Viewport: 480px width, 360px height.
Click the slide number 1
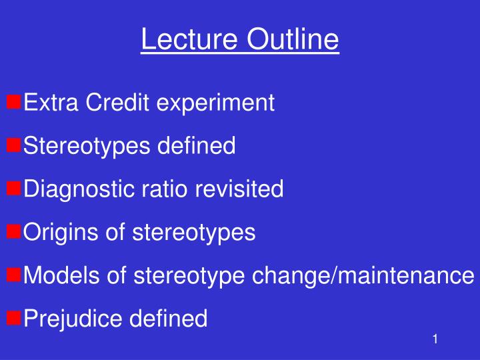click(434, 340)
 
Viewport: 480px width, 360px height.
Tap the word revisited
click(239, 189)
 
